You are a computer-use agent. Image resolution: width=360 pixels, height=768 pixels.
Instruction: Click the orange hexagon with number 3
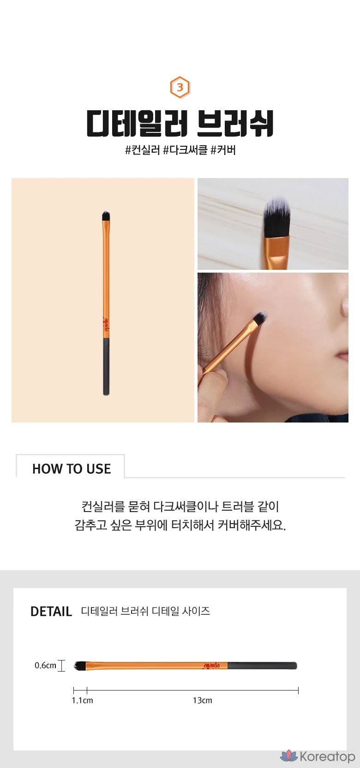point(180,88)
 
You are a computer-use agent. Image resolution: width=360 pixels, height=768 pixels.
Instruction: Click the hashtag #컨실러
point(143,150)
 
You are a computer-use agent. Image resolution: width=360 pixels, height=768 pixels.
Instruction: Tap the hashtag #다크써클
point(185,150)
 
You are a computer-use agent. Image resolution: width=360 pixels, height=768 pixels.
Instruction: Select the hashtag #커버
point(223,150)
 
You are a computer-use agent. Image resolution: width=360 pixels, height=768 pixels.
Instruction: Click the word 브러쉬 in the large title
point(235,123)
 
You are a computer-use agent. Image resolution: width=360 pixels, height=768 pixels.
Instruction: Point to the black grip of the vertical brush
point(107,366)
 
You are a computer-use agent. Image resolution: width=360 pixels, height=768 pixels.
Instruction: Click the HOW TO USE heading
point(72,469)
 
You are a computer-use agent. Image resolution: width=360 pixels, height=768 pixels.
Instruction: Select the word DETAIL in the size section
point(51,611)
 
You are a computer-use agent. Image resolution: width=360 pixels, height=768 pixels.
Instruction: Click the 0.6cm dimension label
point(45,666)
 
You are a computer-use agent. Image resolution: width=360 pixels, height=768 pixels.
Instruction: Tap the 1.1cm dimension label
point(82,700)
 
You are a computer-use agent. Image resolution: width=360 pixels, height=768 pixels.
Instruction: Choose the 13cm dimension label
point(203,700)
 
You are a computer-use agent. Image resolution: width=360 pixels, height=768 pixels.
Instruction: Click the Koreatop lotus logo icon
point(289,756)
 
